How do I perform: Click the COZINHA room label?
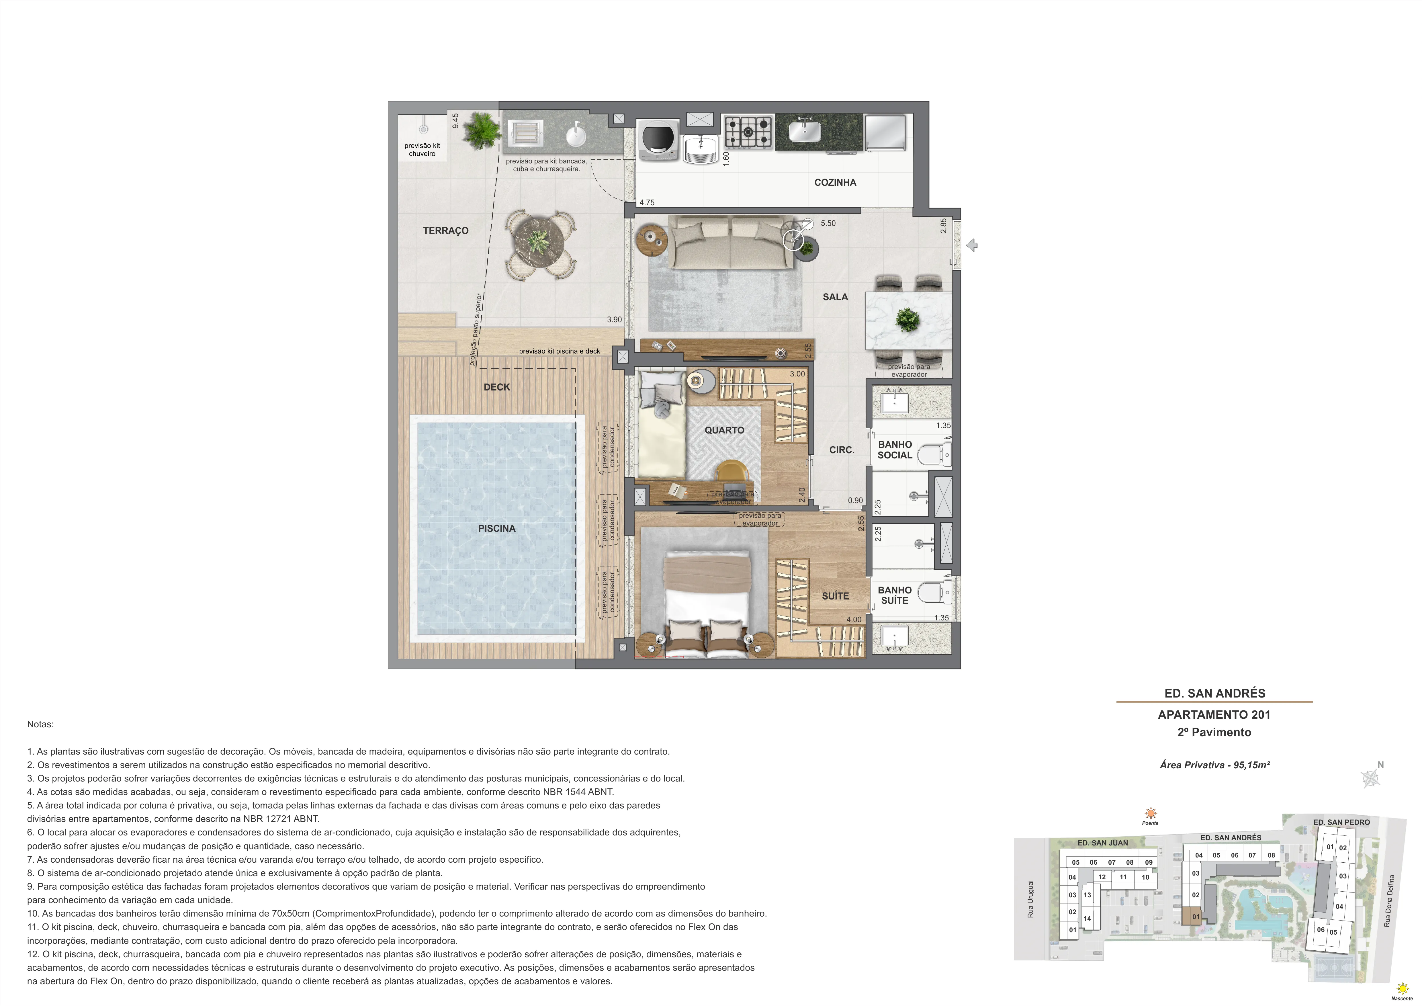(835, 182)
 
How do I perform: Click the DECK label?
(497, 387)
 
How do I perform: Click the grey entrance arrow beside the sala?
(972, 245)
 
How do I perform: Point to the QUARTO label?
(724, 430)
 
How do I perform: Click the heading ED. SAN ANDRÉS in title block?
(1214, 693)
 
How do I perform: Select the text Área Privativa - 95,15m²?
(1214, 764)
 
